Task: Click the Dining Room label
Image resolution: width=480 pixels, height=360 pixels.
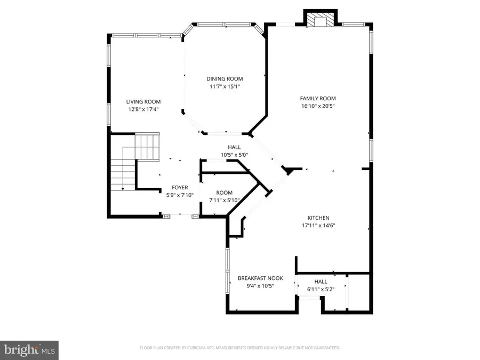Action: pyautogui.click(x=225, y=79)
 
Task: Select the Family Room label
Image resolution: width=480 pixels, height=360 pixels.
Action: pyautogui.click(x=318, y=98)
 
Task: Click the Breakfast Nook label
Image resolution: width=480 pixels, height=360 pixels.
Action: pyautogui.click(x=260, y=278)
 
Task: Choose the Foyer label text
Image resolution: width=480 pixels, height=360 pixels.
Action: pyautogui.click(x=179, y=188)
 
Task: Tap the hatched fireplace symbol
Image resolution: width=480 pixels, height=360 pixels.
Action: pyautogui.click(x=321, y=22)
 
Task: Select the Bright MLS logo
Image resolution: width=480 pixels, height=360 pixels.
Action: pyautogui.click(x=29, y=350)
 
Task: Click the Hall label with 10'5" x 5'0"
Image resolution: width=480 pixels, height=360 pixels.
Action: pyautogui.click(x=234, y=147)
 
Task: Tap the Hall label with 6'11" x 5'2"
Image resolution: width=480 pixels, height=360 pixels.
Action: pyautogui.click(x=321, y=282)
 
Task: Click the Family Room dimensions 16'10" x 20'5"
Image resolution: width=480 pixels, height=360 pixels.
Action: pyautogui.click(x=318, y=106)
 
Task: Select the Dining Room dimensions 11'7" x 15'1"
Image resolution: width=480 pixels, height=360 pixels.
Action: pyautogui.click(x=225, y=86)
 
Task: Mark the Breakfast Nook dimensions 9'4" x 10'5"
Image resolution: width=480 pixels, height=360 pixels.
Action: pyautogui.click(x=260, y=286)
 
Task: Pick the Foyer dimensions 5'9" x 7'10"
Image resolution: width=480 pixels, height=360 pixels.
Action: pyautogui.click(x=179, y=195)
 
